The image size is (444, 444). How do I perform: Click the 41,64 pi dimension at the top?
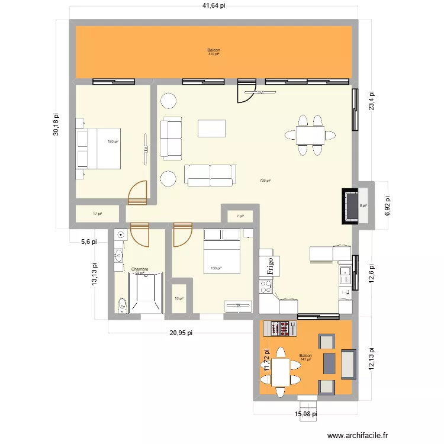[x=214, y=6]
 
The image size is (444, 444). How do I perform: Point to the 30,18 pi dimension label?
[x=56, y=125]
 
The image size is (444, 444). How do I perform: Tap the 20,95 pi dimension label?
[x=181, y=333]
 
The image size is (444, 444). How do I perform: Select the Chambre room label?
[x=140, y=269]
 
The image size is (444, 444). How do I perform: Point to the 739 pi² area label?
[x=265, y=181]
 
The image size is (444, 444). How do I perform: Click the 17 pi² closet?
[x=97, y=214]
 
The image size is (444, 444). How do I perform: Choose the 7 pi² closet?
[x=240, y=216]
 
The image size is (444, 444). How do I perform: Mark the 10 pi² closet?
[x=179, y=298]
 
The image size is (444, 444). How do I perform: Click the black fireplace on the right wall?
[x=349, y=206]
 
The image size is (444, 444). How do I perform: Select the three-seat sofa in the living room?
[x=210, y=174]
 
